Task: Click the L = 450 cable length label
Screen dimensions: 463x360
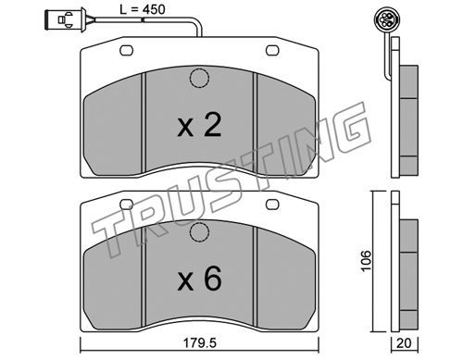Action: (x=143, y=9)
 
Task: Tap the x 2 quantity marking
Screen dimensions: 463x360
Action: (x=199, y=125)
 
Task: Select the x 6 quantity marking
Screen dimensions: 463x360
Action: (x=199, y=279)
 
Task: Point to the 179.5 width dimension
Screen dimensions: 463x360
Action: (x=200, y=342)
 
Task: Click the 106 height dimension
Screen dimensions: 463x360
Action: (x=366, y=261)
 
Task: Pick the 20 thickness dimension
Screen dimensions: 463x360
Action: (x=404, y=343)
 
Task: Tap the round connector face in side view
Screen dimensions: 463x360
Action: (x=386, y=19)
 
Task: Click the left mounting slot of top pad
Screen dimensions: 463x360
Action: (x=126, y=51)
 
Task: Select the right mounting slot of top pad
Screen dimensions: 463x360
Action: (x=272, y=51)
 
